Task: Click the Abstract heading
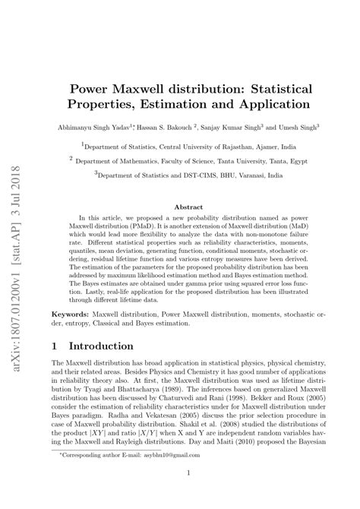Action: (x=189, y=207)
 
